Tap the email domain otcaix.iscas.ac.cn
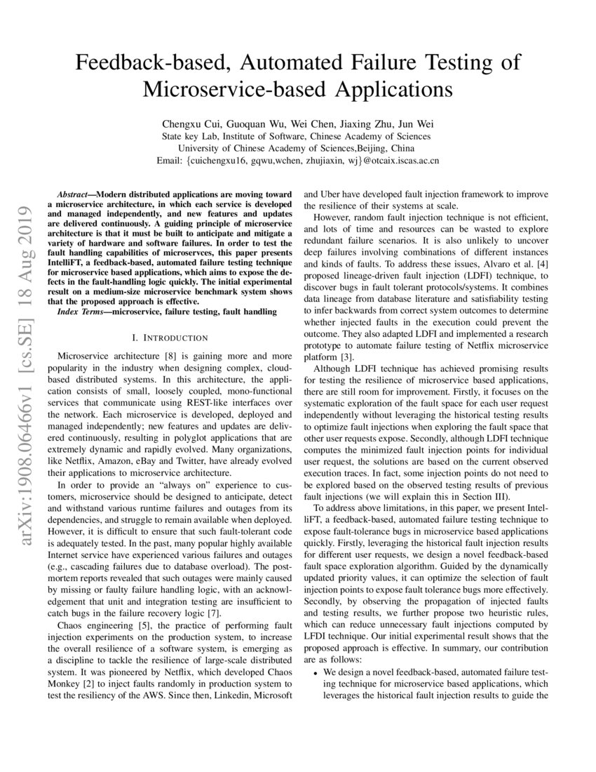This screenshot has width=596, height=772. [396, 161]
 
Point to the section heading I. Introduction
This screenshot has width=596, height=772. [165, 338]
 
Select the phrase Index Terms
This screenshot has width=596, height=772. [83, 310]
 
